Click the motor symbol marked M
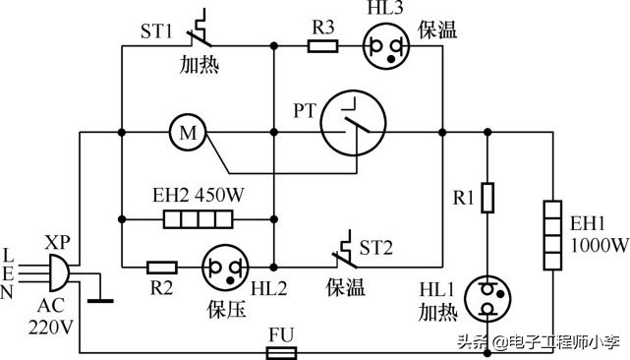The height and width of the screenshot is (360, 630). coord(183,132)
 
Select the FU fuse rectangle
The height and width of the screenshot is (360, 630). coord(283,349)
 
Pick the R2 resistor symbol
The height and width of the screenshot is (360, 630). coord(161,266)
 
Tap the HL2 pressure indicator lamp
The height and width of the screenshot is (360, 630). coord(223,267)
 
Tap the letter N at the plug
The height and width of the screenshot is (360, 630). coord(10,292)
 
